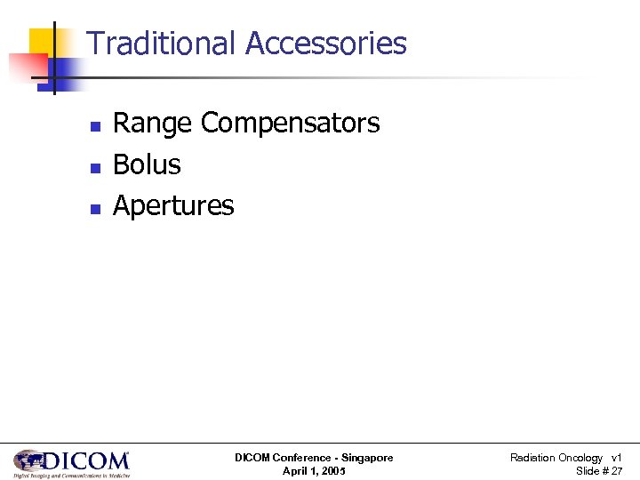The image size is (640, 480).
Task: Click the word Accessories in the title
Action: pyautogui.click(x=325, y=43)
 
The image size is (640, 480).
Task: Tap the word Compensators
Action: pyautogui.click(x=291, y=124)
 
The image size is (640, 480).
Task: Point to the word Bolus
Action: pyautogui.click(x=147, y=164)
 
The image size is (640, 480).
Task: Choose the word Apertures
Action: pyautogui.click(x=173, y=206)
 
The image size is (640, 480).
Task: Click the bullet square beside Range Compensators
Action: pyautogui.click(x=94, y=126)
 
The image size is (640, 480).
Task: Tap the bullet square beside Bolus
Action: pyautogui.click(x=94, y=167)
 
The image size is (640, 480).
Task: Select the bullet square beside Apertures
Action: pyautogui.click(x=94, y=209)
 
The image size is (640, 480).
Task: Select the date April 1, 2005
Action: pyautogui.click(x=314, y=471)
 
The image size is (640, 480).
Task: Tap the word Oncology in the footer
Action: pyautogui.click(x=580, y=458)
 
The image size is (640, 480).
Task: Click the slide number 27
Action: pyautogui.click(x=616, y=471)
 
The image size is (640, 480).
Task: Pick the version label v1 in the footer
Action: pyautogui.click(x=616, y=458)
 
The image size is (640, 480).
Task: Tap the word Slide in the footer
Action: pyautogui.click(x=588, y=471)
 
